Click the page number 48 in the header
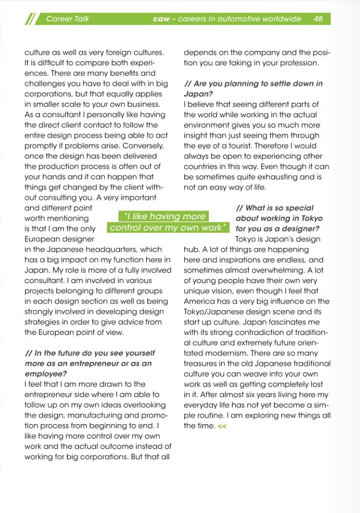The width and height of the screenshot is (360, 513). pos(318,19)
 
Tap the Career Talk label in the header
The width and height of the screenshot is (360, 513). pos(67,19)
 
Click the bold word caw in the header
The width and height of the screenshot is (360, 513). pos(161,19)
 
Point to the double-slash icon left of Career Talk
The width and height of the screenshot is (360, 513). pos(30,19)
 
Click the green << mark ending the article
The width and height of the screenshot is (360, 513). pos(222,426)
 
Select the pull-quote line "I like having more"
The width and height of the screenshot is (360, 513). pos(164,216)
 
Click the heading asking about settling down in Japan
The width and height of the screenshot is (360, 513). pos(253,89)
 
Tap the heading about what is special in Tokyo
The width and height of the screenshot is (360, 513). pos(278,218)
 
